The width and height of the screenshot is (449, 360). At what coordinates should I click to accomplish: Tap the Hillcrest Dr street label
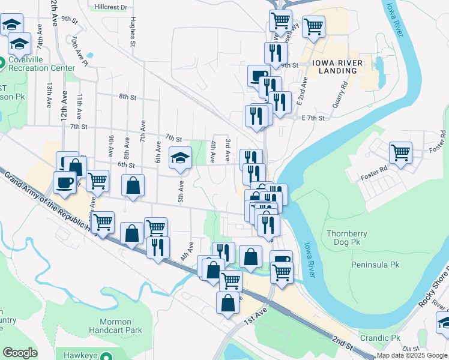111,7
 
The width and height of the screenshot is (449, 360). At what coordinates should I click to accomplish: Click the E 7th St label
313,118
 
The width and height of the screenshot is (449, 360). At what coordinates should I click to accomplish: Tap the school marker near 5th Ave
179,158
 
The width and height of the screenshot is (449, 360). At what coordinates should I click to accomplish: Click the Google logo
20,353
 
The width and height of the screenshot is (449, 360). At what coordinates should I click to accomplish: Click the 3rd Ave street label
228,150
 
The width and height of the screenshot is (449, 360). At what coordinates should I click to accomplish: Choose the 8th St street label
128,97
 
